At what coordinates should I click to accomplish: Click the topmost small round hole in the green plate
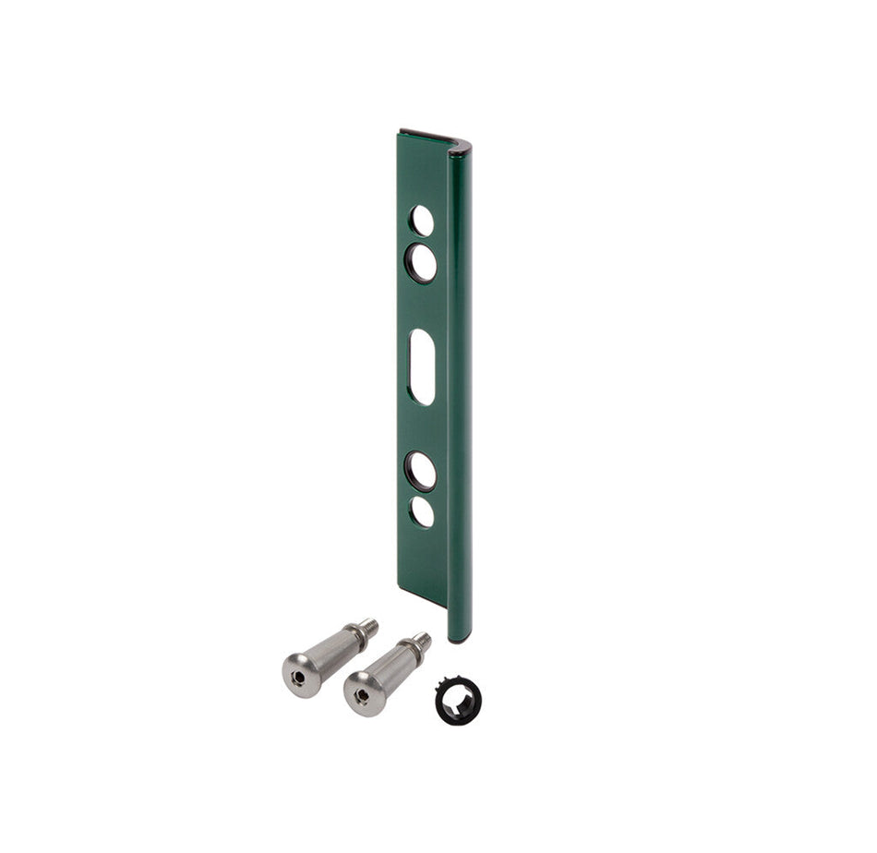(422, 220)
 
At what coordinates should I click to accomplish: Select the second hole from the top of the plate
(422, 263)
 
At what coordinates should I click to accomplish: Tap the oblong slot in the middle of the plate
(422, 366)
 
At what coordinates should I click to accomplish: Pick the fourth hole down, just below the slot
(422, 470)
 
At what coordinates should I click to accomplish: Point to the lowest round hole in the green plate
(422, 512)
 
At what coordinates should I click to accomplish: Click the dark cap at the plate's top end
(434, 138)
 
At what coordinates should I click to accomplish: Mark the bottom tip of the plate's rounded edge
(459, 637)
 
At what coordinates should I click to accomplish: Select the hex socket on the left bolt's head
(297, 678)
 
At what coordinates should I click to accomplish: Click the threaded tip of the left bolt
(367, 627)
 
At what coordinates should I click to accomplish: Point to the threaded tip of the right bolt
(421, 639)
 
